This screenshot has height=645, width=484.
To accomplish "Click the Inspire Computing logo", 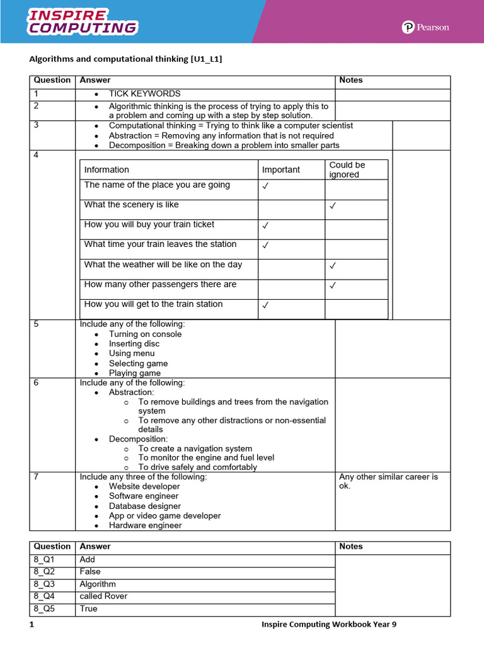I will click(x=82, y=21).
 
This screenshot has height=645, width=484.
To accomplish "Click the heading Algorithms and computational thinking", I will click(x=126, y=59).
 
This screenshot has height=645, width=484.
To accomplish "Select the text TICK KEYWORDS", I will click(x=144, y=93).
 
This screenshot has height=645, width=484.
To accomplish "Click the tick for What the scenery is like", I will click(x=333, y=206).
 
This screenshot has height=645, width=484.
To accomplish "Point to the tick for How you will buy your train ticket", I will click(x=265, y=225).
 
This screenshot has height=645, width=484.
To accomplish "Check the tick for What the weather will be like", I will click(x=333, y=266).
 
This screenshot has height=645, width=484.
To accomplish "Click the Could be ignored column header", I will click(x=347, y=169).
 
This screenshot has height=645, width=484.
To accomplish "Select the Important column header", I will click(x=281, y=169).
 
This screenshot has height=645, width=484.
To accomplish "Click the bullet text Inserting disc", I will click(x=134, y=344).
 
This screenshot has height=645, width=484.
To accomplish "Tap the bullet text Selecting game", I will click(x=138, y=363).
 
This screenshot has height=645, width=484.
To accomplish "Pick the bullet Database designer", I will click(x=144, y=506).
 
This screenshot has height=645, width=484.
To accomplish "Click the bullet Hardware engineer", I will click(x=145, y=525).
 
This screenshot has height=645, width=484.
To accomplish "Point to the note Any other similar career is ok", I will click(x=388, y=481).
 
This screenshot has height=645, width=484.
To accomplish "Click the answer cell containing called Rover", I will click(x=103, y=596).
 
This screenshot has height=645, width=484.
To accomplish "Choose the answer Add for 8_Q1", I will click(x=88, y=559).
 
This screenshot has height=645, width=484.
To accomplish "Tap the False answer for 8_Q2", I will click(x=90, y=571).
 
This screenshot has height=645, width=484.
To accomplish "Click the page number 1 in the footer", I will click(x=30, y=624).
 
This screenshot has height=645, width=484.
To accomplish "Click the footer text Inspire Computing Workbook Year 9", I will click(x=329, y=624).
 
